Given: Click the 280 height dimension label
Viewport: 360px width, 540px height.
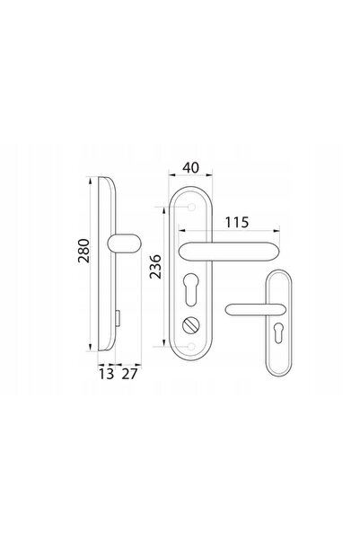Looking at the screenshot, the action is coord(83,251).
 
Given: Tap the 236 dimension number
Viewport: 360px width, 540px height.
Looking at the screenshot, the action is coord(155,267).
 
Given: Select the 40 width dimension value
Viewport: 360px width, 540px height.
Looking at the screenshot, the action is coord(190,168).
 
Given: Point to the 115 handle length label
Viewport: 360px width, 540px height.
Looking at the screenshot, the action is coord(237,223).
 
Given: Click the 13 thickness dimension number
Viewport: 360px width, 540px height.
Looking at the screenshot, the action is coord(106,374).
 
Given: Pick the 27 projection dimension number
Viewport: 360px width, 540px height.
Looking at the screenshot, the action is coord(130,374).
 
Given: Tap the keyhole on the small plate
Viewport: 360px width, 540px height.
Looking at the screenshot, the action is coord(278,333).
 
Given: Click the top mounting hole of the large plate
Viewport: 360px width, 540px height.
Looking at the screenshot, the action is coord(192,207).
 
